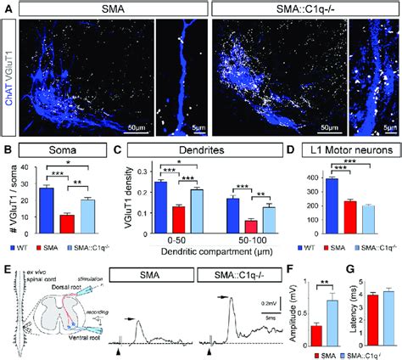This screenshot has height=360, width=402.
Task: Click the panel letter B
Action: [x=8, y=151]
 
